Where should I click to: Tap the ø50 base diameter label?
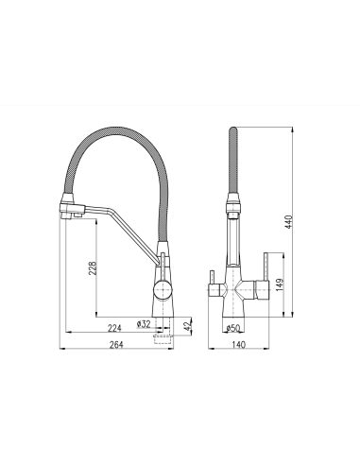point(232,327)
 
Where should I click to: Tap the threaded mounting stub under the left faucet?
point(167,329)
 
